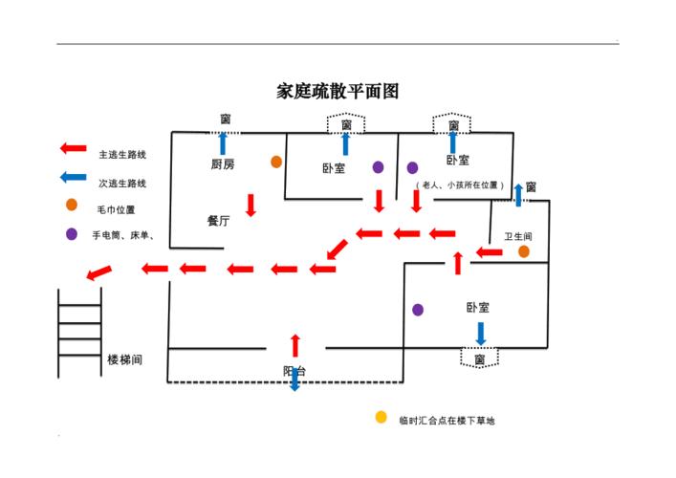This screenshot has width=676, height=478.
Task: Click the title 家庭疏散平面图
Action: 337,92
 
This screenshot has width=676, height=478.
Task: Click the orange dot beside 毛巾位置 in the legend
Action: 72,205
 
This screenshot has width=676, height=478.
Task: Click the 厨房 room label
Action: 223,164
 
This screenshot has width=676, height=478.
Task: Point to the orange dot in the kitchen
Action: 276,163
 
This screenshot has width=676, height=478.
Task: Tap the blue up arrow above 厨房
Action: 224,143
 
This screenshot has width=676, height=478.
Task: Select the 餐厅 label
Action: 219,220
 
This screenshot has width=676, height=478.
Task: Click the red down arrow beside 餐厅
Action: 251,205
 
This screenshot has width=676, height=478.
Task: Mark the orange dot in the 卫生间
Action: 524,251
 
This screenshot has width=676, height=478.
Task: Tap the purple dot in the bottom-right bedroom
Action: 418,310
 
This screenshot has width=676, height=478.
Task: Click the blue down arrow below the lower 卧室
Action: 480,333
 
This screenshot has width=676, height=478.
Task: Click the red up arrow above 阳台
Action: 295,345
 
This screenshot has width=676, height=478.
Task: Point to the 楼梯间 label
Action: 125,359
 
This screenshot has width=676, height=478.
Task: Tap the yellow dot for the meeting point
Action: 381,418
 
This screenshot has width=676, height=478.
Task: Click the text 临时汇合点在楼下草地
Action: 447,420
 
